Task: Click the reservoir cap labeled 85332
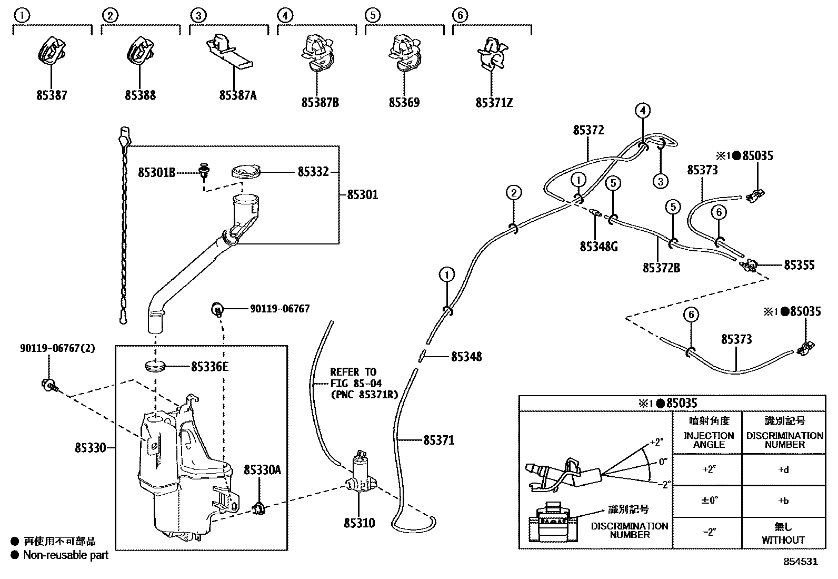[x=247, y=172]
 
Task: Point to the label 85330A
[x=262, y=469]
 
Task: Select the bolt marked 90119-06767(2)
[x=48, y=386]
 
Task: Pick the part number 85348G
[x=598, y=246]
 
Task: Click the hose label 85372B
[x=661, y=268]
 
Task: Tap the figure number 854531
[x=801, y=562]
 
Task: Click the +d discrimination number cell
[x=783, y=469]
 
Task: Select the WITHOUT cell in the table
[x=783, y=539]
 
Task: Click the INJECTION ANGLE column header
[x=709, y=439]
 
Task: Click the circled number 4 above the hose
[x=642, y=111]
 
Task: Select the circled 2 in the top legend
[x=109, y=15]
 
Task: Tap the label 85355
[x=799, y=265]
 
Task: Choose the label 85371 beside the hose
[x=438, y=440]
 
